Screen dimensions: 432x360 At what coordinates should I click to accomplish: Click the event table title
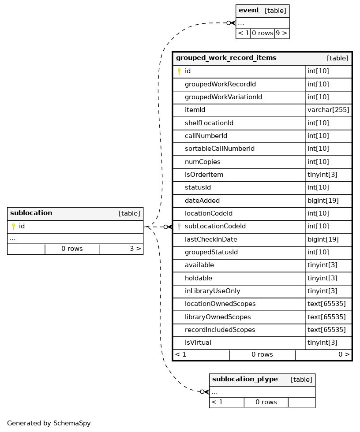click(249, 11)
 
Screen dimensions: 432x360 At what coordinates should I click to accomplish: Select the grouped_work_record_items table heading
click(226, 58)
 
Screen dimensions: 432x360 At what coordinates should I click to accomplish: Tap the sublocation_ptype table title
click(245, 380)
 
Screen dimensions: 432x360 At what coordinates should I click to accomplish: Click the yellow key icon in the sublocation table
click(13, 227)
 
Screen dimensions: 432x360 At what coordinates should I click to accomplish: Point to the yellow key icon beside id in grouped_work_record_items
click(179, 71)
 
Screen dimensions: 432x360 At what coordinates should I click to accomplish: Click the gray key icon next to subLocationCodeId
click(179, 227)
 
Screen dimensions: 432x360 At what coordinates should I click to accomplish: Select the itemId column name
click(195, 110)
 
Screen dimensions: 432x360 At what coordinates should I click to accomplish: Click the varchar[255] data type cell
click(328, 110)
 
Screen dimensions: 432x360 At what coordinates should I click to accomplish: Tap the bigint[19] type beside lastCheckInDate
click(323, 239)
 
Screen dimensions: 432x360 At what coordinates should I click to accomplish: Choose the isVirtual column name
click(198, 343)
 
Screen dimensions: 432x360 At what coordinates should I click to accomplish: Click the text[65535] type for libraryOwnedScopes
click(326, 317)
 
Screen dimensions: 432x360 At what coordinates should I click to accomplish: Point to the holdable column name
click(198, 278)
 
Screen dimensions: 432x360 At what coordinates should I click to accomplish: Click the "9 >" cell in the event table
click(281, 33)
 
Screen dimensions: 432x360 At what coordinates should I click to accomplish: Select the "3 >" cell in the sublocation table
click(135, 249)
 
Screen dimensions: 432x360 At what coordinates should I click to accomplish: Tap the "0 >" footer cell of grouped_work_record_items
click(344, 354)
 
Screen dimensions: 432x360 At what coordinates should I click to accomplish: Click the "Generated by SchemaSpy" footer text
click(49, 423)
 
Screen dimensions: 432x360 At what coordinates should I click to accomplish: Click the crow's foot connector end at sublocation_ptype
click(205, 391)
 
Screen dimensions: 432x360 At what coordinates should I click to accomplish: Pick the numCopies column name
click(202, 162)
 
